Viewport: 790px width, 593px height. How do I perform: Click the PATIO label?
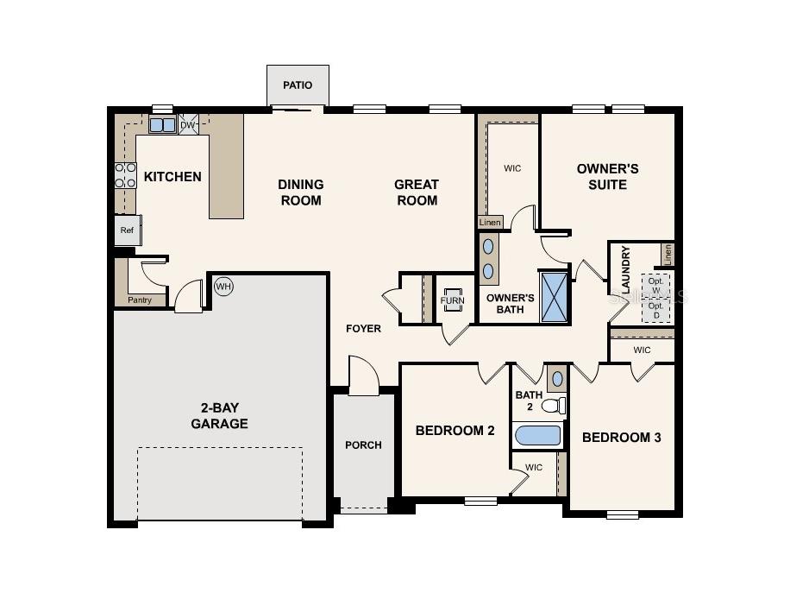point(298,85)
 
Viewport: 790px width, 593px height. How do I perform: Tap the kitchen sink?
point(162,125)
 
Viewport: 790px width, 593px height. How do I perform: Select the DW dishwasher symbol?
point(188,124)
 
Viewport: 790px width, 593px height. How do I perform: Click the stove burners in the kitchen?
point(126,175)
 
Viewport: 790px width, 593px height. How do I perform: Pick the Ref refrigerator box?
point(127,230)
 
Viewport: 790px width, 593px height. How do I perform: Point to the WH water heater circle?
point(223,287)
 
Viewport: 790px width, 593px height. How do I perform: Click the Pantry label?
point(140,300)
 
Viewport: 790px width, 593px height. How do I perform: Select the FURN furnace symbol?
point(454,301)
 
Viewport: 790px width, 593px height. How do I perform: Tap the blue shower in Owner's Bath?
point(555,297)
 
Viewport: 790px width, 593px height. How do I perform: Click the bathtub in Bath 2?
point(538,435)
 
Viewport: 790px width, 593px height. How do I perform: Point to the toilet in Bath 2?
point(554,405)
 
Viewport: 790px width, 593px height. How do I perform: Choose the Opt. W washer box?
point(656,284)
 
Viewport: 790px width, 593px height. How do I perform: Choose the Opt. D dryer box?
point(656,311)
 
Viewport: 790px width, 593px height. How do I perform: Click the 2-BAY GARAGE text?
point(219,416)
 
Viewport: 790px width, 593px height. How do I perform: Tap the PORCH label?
point(363,445)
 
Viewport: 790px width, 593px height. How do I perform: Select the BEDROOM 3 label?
point(621,438)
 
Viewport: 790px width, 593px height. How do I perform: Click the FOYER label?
point(363,329)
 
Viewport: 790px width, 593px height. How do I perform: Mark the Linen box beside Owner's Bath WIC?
point(490,223)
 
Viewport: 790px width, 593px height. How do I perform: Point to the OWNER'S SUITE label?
point(607,176)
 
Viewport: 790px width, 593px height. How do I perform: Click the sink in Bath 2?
point(557,378)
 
